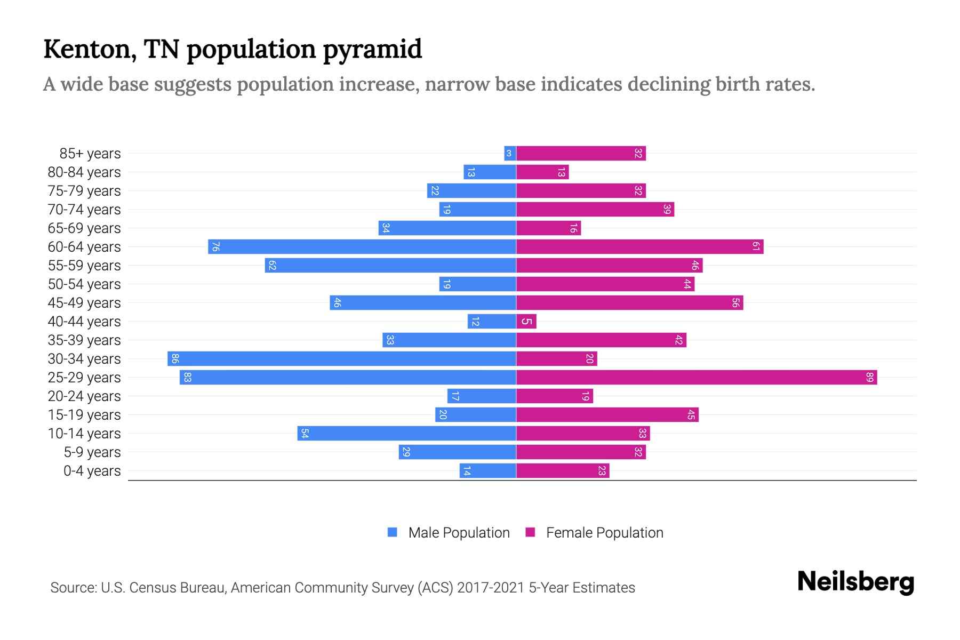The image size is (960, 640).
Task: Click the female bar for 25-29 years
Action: pos(696,378)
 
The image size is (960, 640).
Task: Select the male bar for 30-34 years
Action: pos(341,359)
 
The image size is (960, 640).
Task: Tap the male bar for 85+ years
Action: pos(510,154)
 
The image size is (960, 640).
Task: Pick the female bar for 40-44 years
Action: pos(526,322)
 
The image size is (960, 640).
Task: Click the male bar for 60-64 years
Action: pos(362,247)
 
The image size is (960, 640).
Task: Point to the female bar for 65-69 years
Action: pos(548,228)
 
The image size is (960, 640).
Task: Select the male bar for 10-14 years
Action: pos(406,434)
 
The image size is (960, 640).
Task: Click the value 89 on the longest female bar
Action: pos(870,378)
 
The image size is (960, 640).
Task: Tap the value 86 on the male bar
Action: pos(174,359)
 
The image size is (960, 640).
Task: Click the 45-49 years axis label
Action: pos(84,303)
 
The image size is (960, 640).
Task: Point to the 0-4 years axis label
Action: pos(92,471)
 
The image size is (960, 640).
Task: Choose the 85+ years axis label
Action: pos(90,154)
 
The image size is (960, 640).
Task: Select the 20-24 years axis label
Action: pos(84,396)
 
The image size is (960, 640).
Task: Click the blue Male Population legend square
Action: pos(393,532)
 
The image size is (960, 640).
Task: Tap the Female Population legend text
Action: pos(604,533)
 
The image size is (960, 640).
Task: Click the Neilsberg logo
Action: pos(855,582)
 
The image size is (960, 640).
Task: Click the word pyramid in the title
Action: pos(372,50)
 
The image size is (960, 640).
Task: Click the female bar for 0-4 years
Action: pos(563,471)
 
